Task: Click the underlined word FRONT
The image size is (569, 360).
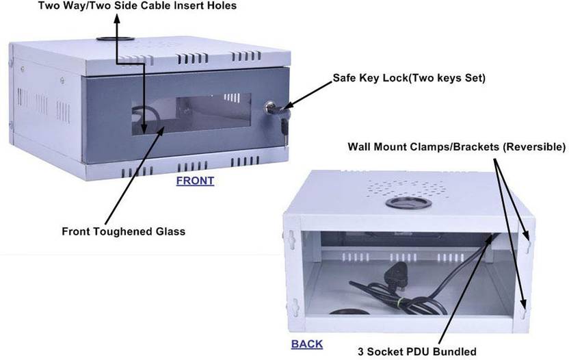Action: [x=195, y=181]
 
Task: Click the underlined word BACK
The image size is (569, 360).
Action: [x=307, y=344]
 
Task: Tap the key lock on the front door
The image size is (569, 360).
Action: [x=271, y=108]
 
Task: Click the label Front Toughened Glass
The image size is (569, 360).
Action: [x=124, y=231]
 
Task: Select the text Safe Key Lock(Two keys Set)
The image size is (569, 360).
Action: [x=409, y=78]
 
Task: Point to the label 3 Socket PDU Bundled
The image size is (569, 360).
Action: [x=417, y=352]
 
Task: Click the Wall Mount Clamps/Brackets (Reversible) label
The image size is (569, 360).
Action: [x=457, y=146]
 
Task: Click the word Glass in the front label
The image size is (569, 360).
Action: [x=170, y=231]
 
